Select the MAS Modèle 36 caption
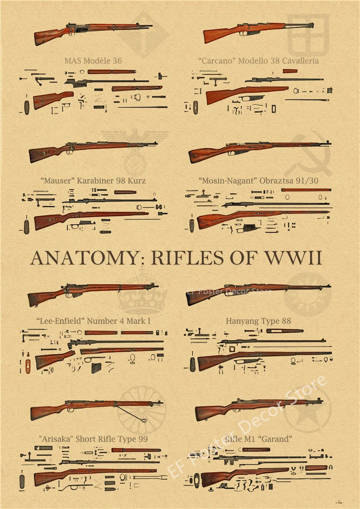93,60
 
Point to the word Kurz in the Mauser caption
137,180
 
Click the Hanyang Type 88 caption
258,321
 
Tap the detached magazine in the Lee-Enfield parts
96,368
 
